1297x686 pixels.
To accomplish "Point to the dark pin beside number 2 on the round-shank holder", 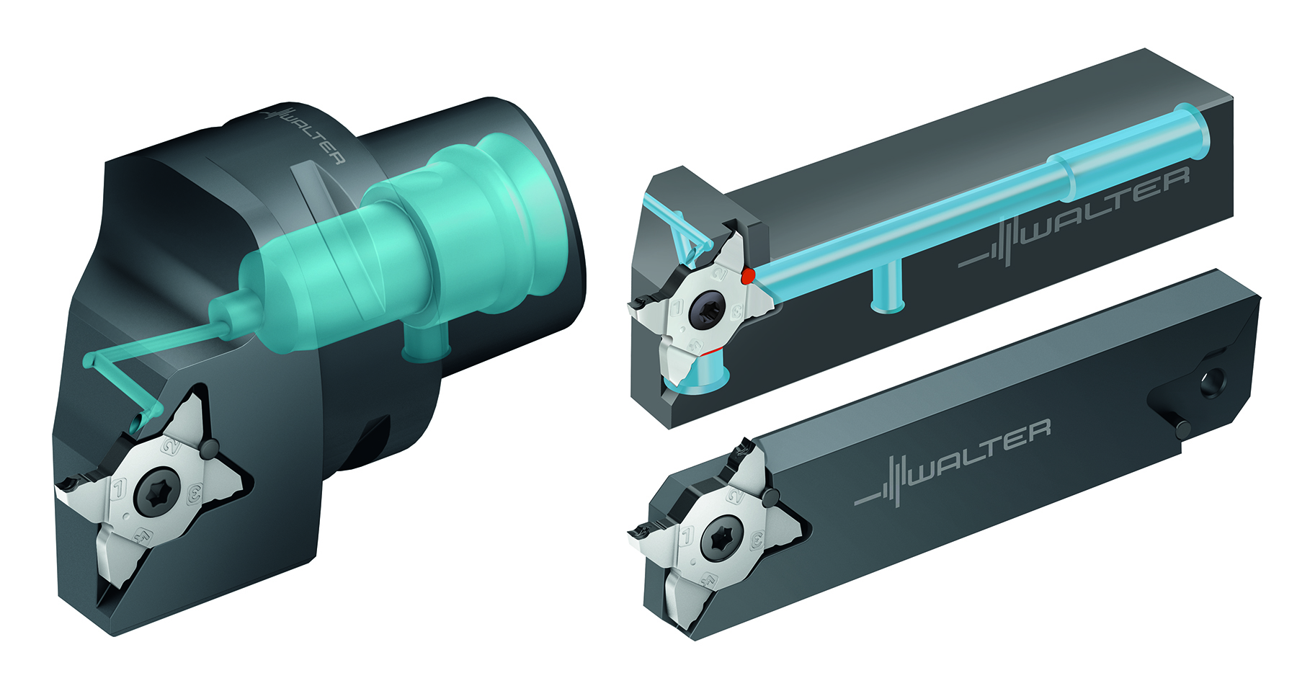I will click(x=208, y=450).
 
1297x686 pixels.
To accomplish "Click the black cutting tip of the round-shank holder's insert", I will click(x=71, y=482).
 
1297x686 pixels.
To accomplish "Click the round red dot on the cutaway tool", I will click(x=749, y=275).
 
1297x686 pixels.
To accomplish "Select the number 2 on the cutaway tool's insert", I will click(x=718, y=274).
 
